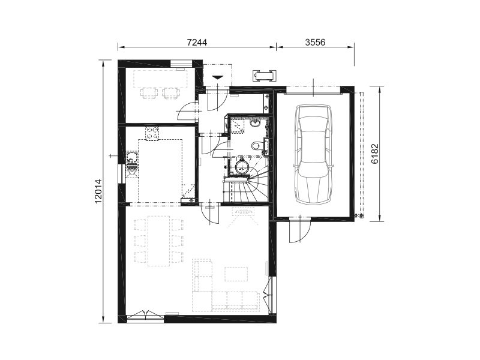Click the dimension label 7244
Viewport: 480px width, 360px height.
[197, 42]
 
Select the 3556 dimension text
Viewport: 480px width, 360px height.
[316, 42]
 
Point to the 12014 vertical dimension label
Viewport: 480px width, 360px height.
[98, 191]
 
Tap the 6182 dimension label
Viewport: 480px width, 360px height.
[376, 154]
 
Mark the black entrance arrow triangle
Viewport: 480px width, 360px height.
[218, 77]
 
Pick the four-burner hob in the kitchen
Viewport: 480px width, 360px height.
[152, 133]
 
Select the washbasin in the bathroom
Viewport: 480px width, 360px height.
[255, 124]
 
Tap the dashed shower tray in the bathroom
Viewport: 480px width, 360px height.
[237, 125]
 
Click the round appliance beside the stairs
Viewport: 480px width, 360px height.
[243, 167]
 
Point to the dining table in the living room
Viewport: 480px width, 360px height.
[158, 241]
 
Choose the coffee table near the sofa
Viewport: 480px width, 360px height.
[236, 274]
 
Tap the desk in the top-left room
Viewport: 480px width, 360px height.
[160, 79]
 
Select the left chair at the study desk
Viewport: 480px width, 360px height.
[148, 93]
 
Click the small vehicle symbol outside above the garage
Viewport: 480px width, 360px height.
[264, 75]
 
